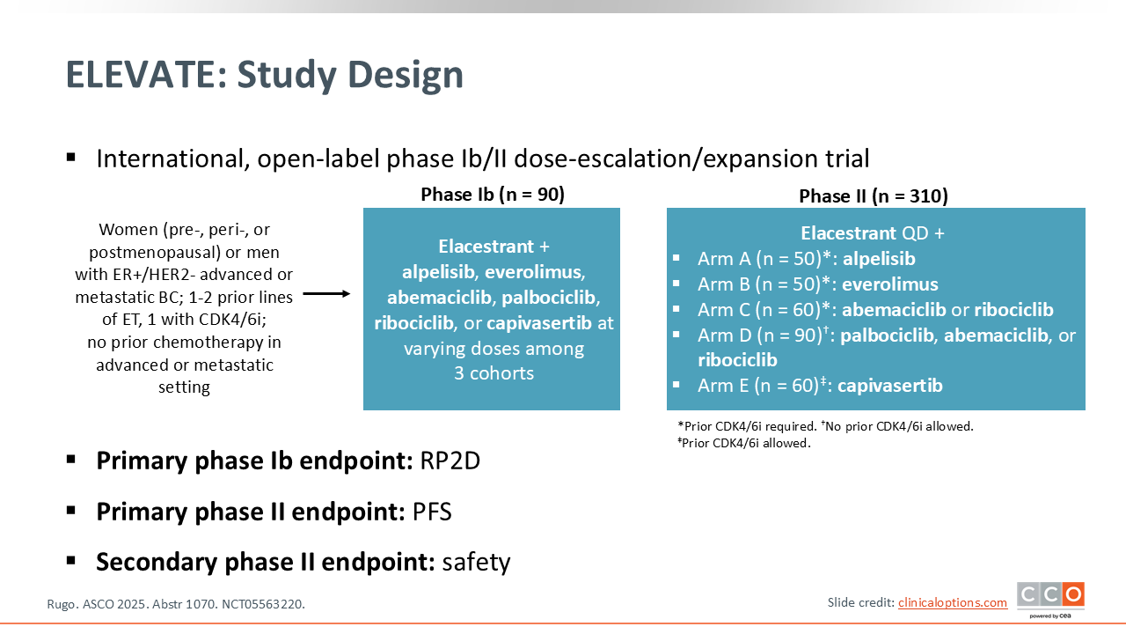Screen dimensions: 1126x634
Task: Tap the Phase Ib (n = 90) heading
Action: click(493, 195)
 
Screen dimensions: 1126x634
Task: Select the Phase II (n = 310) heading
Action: click(874, 195)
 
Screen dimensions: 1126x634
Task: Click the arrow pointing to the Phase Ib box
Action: click(326, 293)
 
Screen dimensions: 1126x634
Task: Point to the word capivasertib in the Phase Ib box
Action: click(539, 323)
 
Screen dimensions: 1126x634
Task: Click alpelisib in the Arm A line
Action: click(879, 259)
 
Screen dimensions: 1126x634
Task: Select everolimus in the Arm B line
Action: click(890, 284)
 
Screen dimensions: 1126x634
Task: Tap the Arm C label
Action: click(724, 309)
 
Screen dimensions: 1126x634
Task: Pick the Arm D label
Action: click(724, 335)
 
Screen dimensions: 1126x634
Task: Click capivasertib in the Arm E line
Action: click(890, 386)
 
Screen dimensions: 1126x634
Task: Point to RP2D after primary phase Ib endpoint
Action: click(450, 461)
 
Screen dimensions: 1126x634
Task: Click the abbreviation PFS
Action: click(432, 512)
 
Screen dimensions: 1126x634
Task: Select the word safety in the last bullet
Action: click(476, 562)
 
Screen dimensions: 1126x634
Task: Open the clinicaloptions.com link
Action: click(953, 603)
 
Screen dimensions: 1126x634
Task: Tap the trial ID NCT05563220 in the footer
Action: click(263, 604)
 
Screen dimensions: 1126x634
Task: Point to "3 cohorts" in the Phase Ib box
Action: click(494, 373)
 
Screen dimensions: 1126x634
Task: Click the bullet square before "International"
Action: click(71, 158)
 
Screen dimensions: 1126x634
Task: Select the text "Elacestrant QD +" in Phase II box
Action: click(873, 233)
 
